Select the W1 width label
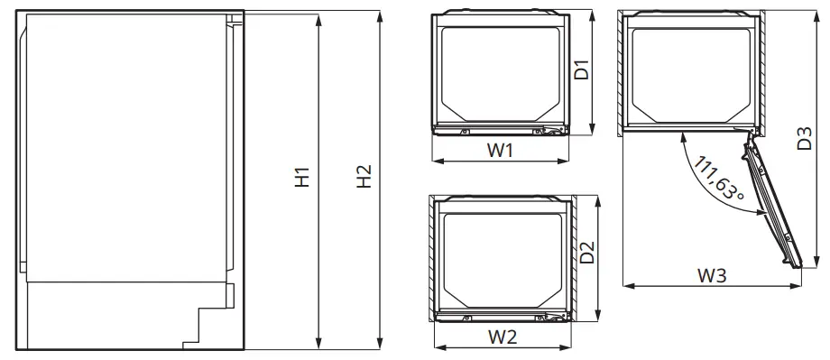501,151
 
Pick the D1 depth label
583,70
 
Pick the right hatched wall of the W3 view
763,72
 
